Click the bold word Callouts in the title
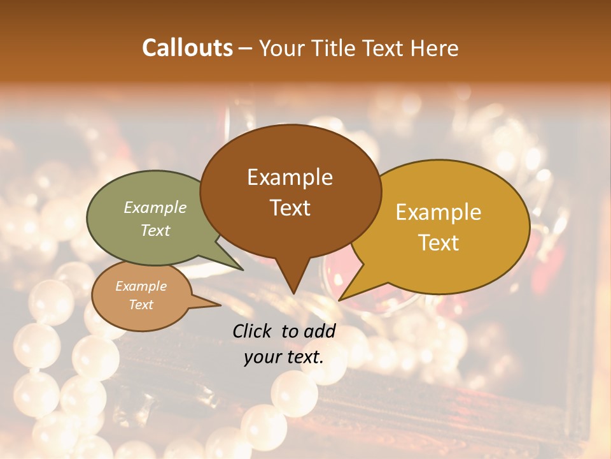[187, 48]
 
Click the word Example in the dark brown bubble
[290, 177]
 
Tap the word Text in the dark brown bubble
[290, 208]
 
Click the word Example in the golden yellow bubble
[439, 212]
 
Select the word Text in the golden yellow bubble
[439, 243]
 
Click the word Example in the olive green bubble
[155, 208]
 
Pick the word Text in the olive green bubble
[155, 231]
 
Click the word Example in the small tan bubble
[141, 286]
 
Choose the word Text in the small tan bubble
[141, 305]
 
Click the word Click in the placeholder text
[253, 331]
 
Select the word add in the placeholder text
[320, 331]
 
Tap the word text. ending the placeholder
[305, 357]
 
